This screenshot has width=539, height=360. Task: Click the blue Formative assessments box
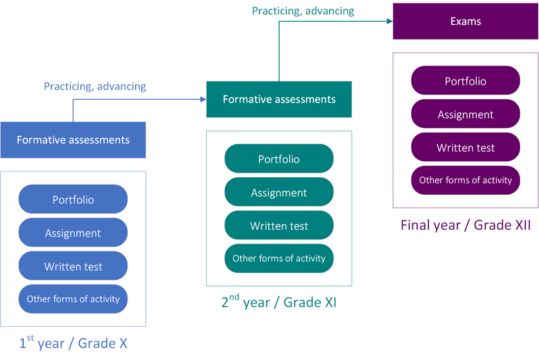tap(73, 140)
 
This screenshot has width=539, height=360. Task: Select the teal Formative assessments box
tap(279, 99)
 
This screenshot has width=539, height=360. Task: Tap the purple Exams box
tap(466, 22)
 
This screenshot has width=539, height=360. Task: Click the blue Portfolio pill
tap(73, 200)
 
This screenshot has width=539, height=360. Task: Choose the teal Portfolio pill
tap(279, 159)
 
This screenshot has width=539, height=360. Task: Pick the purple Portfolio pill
tap(466, 81)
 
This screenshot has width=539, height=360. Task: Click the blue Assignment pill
tap(73, 233)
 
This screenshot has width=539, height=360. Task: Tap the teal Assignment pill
tap(279, 193)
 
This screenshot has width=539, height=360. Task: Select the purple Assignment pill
tap(466, 115)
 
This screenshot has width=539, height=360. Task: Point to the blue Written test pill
tap(73, 266)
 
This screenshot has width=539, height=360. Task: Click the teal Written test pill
tap(279, 226)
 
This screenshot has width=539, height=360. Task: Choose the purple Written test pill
tap(466, 148)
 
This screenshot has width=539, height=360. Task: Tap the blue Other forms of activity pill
tap(73, 299)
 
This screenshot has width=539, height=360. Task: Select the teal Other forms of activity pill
tap(279, 258)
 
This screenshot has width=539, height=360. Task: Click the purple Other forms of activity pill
tap(466, 180)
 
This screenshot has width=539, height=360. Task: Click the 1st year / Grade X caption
tap(73, 343)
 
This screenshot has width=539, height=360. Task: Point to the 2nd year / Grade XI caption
tap(279, 302)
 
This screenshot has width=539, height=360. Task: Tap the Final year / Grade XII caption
tap(466, 224)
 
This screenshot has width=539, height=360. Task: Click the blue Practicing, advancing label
tap(95, 86)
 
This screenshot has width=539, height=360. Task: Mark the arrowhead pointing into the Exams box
tap(389, 22)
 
